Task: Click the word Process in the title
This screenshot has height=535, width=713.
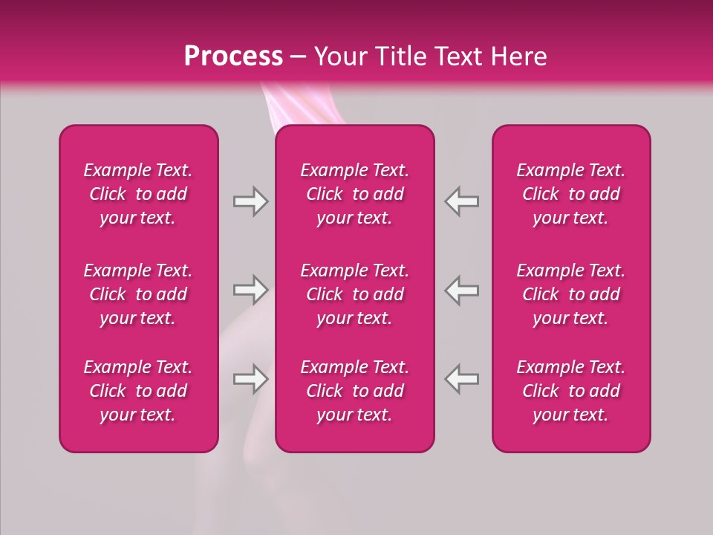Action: click(x=233, y=56)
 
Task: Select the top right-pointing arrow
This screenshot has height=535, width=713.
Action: click(x=250, y=201)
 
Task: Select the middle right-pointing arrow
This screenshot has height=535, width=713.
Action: click(x=250, y=290)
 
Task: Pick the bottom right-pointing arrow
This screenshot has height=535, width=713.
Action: click(x=250, y=379)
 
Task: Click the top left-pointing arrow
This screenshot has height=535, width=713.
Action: click(x=462, y=201)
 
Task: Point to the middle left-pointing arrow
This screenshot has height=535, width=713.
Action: click(x=462, y=290)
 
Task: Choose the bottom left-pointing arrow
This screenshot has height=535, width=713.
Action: click(x=462, y=379)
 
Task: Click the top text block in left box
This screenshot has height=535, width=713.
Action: click(x=138, y=194)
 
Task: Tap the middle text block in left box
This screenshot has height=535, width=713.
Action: click(x=138, y=294)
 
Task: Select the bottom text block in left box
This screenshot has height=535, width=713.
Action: click(x=138, y=391)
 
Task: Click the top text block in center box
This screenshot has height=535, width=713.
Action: click(x=355, y=194)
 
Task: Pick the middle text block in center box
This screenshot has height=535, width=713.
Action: click(x=355, y=294)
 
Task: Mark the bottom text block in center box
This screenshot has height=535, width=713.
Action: click(x=355, y=391)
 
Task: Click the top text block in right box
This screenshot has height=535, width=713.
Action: click(x=571, y=194)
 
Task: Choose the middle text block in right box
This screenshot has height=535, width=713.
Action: click(x=571, y=294)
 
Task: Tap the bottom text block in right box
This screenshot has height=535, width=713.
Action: click(x=571, y=391)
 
